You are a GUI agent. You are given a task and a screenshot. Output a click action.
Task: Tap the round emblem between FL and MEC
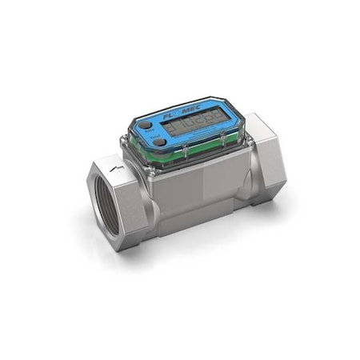pos(180,116)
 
